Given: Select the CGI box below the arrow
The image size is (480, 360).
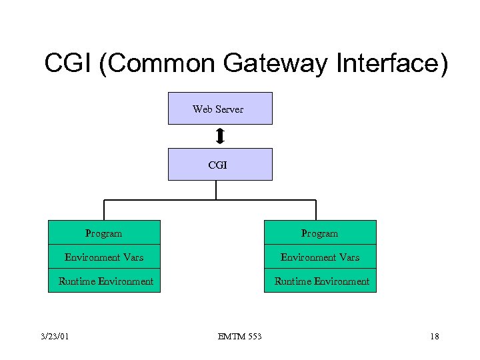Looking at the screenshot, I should click(220, 164).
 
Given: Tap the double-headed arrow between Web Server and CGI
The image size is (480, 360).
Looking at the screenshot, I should click(220, 136).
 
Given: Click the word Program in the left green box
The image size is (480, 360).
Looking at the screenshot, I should click(104, 233).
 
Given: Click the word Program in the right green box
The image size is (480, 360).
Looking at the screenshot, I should click(320, 233).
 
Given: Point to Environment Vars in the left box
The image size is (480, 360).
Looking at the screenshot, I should click(104, 257).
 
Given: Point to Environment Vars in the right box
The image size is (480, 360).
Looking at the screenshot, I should click(320, 257).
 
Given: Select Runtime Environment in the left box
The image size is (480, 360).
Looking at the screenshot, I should click(106, 281).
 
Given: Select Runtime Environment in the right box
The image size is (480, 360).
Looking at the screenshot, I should click(322, 281).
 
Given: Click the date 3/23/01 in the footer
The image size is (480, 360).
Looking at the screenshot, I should click(54, 337).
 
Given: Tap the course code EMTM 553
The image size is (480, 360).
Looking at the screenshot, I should click(240, 337).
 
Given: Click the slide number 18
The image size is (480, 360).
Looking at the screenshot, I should click(434, 337).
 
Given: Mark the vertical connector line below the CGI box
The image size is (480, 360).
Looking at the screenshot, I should click(217, 190).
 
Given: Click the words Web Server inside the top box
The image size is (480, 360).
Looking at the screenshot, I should click(218, 109).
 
